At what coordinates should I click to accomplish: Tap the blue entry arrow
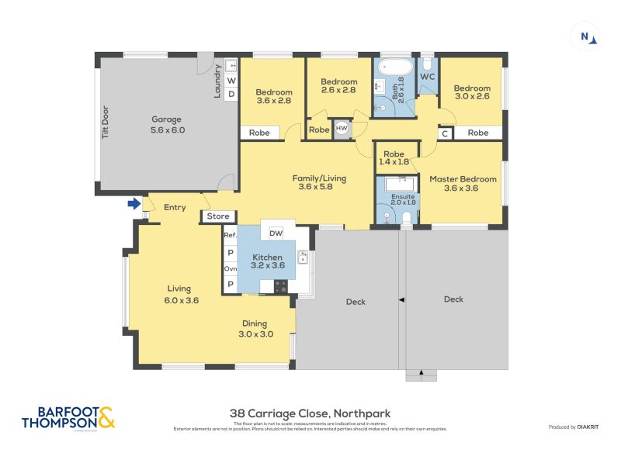pyautogui.click(x=134, y=204)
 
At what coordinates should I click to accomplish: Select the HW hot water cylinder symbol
pyautogui.click(x=341, y=129)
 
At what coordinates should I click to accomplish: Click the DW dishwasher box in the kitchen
pyautogui.click(x=276, y=233)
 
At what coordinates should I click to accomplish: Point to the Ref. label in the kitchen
pyautogui.click(x=230, y=235)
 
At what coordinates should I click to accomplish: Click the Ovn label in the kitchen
pyautogui.click(x=230, y=268)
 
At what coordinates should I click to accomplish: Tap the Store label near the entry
pyautogui.click(x=218, y=216)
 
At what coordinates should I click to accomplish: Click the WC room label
pyautogui.click(x=428, y=78)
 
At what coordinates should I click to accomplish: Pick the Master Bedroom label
pyautogui.click(x=463, y=183)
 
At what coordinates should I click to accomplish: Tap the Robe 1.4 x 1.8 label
pyautogui.click(x=394, y=157)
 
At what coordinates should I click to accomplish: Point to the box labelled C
pyautogui.click(x=445, y=133)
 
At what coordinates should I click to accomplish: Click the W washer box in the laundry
pyautogui.click(x=231, y=81)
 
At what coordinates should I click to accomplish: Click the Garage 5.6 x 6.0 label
pyautogui.click(x=166, y=124)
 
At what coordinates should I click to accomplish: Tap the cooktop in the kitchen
pyautogui.click(x=280, y=286)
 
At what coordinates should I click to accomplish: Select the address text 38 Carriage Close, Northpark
pyautogui.click(x=309, y=413)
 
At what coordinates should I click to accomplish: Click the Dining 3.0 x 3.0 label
pyautogui.click(x=255, y=329)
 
